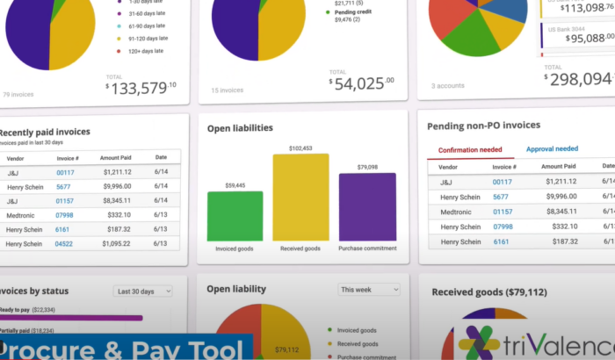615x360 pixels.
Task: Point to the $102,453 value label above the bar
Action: (300, 148)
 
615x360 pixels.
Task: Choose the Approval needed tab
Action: (552, 149)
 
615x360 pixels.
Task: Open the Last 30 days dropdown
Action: (142, 291)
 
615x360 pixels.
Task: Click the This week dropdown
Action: (368, 289)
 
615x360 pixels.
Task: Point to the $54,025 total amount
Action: (361, 82)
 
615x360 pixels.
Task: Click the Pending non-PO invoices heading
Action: (483, 126)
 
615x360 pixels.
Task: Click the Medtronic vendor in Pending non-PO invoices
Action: (460, 212)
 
